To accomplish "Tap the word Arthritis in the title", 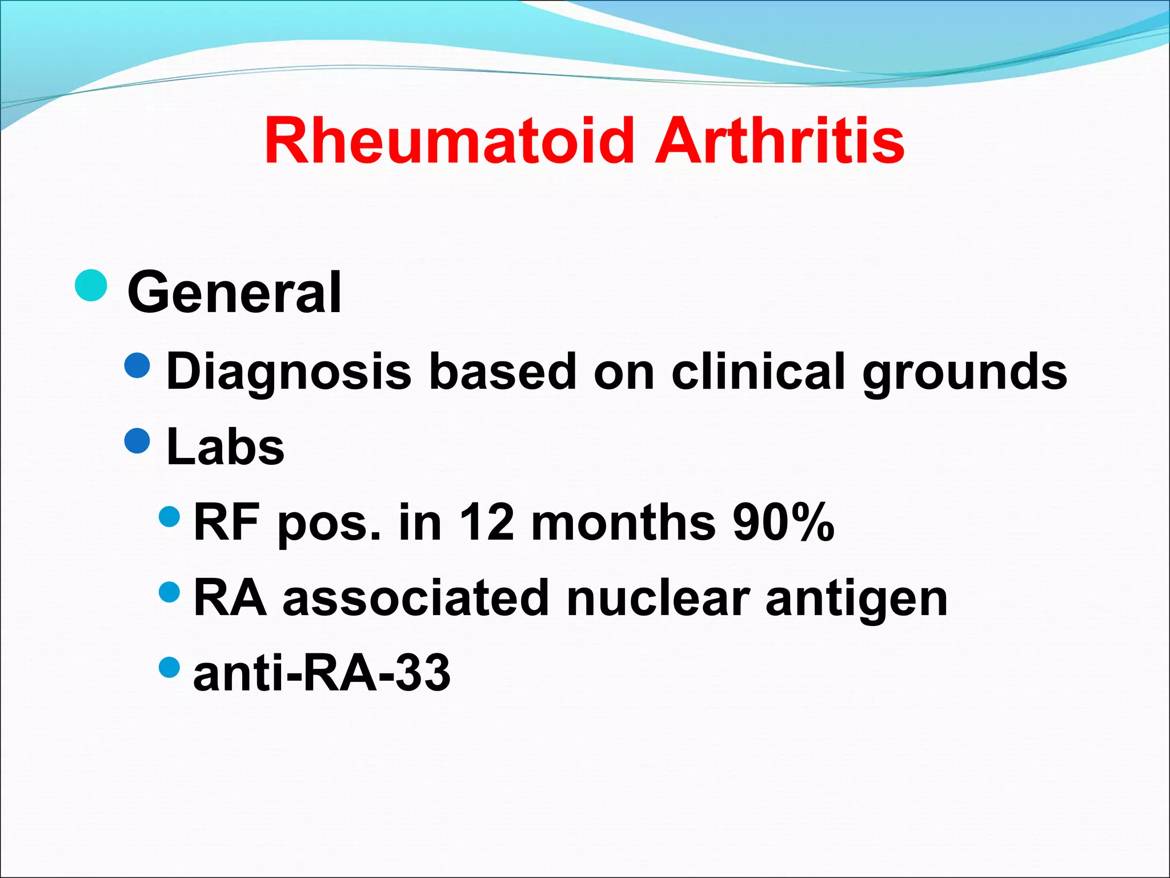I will point(779,141).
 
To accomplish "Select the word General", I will point(234,293).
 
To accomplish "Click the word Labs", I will point(225,447).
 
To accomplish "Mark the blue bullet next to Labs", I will point(137,441).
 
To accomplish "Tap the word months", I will point(623,522).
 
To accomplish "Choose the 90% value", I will point(783,522).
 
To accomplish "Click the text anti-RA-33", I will point(322,673).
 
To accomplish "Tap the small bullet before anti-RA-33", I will point(169,666).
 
